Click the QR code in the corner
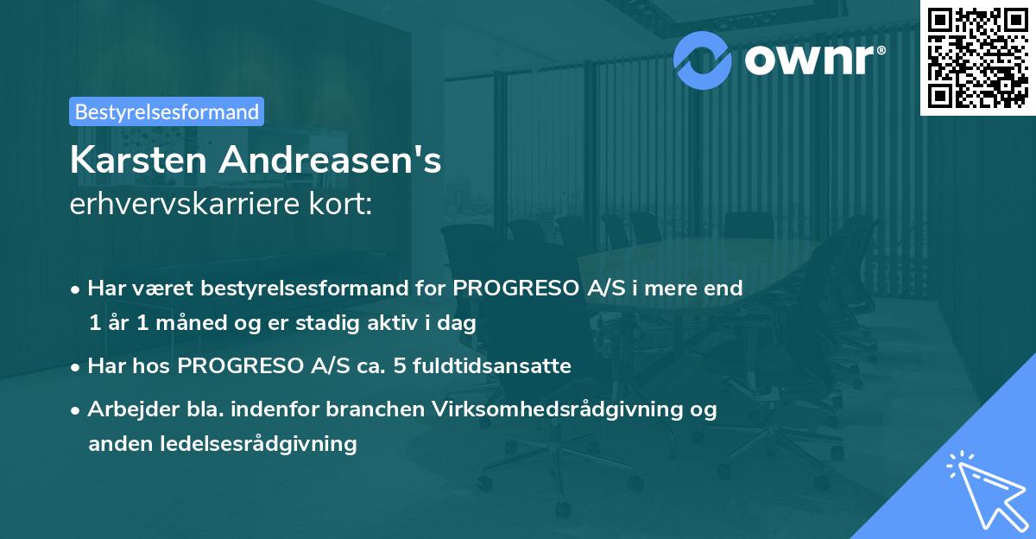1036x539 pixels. [x=977, y=57]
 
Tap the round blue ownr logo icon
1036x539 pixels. [x=703, y=58]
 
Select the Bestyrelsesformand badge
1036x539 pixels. [x=166, y=111]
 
